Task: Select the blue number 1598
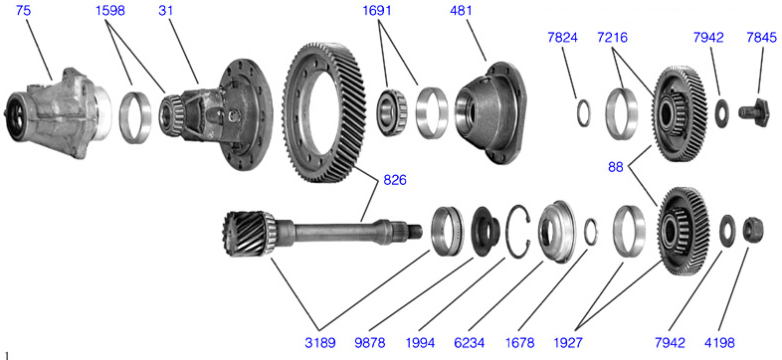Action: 112,10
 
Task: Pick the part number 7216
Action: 614,38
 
